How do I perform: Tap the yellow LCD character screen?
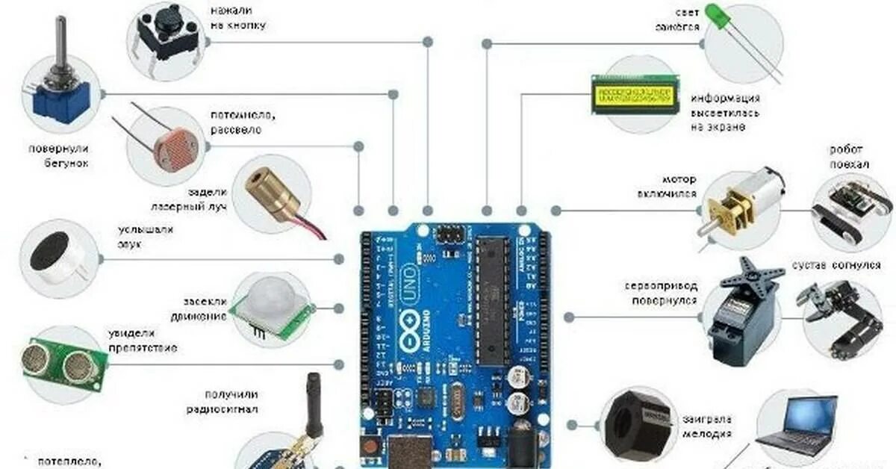pyautogui.click(x=635, y=95)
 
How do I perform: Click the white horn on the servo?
pyautogui.click(x=749, y=272)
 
